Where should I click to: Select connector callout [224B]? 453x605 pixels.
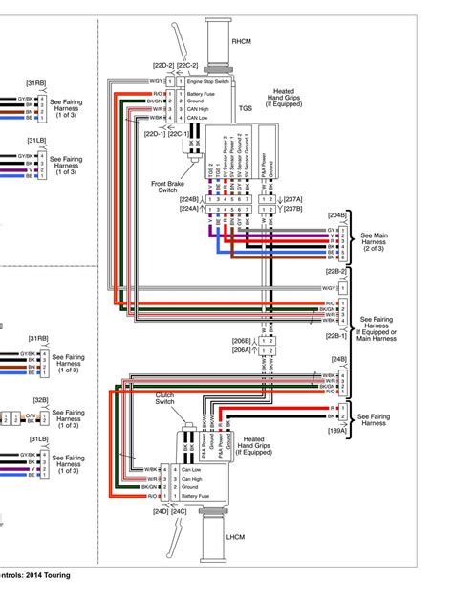click(x=191, y=200)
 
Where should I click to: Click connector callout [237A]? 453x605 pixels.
click(x=292, y=200)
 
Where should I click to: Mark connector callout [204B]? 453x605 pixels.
click(x=336, y=215)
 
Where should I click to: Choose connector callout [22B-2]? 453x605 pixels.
click(x=337, y=272)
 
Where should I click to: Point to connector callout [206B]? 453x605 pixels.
click(x=242, y=340)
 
